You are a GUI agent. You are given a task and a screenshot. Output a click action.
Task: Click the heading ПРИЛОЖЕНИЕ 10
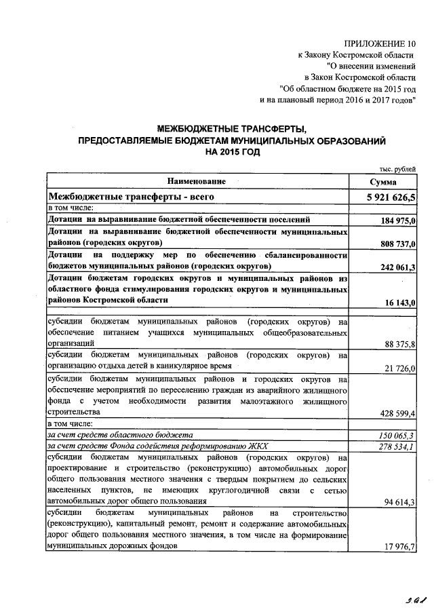click(381, 43)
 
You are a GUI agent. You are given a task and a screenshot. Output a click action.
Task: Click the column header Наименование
click(197, 182)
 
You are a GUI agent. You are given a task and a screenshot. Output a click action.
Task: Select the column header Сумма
click(383, 183)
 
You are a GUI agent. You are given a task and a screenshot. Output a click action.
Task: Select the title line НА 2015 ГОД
click(233, 153)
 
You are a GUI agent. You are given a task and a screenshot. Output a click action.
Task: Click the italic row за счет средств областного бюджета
click(120, 435)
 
